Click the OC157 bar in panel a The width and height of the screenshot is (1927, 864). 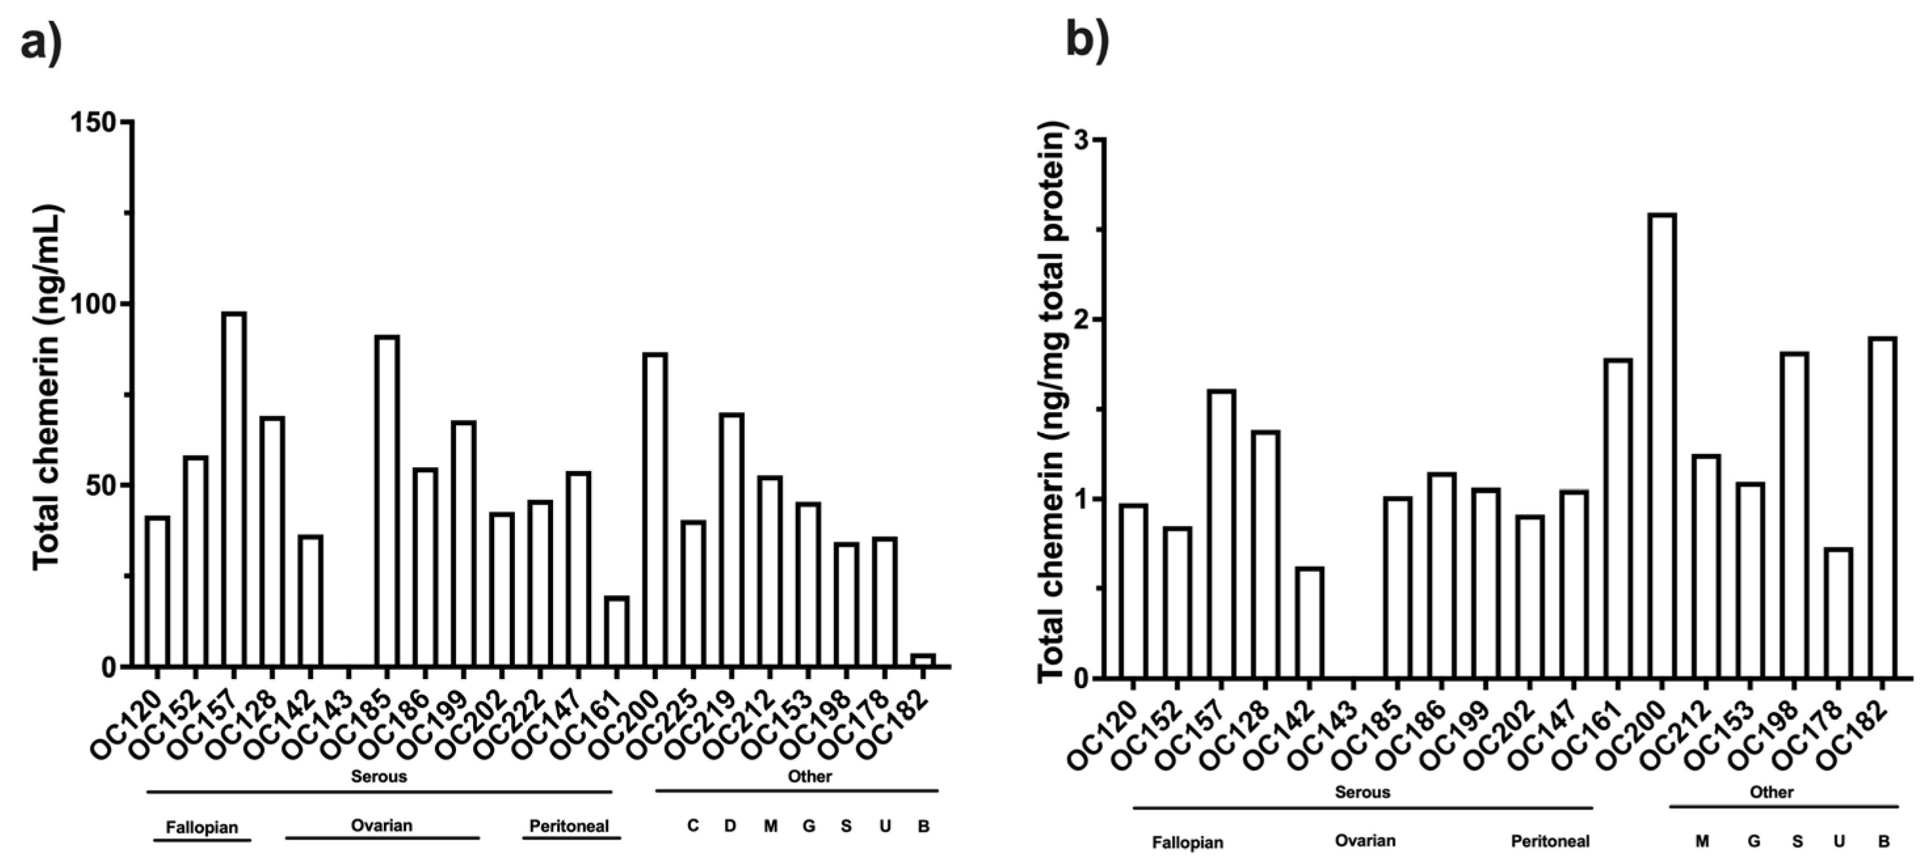point(234,489)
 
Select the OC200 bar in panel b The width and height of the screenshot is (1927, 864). point(1661,446)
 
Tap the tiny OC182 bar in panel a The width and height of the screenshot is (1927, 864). point(923,660)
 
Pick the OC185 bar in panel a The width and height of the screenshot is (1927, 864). point(386,501)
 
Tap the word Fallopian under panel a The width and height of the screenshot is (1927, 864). point(202,827)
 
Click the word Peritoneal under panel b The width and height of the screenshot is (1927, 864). point(1550,841)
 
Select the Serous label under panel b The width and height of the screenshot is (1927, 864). point(1362,792)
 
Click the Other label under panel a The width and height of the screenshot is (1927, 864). point(810,777)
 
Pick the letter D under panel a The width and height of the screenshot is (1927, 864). point(730,826)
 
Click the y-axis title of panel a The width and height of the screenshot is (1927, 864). point(47,388)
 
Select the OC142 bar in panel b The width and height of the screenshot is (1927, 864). point(1310,623)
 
